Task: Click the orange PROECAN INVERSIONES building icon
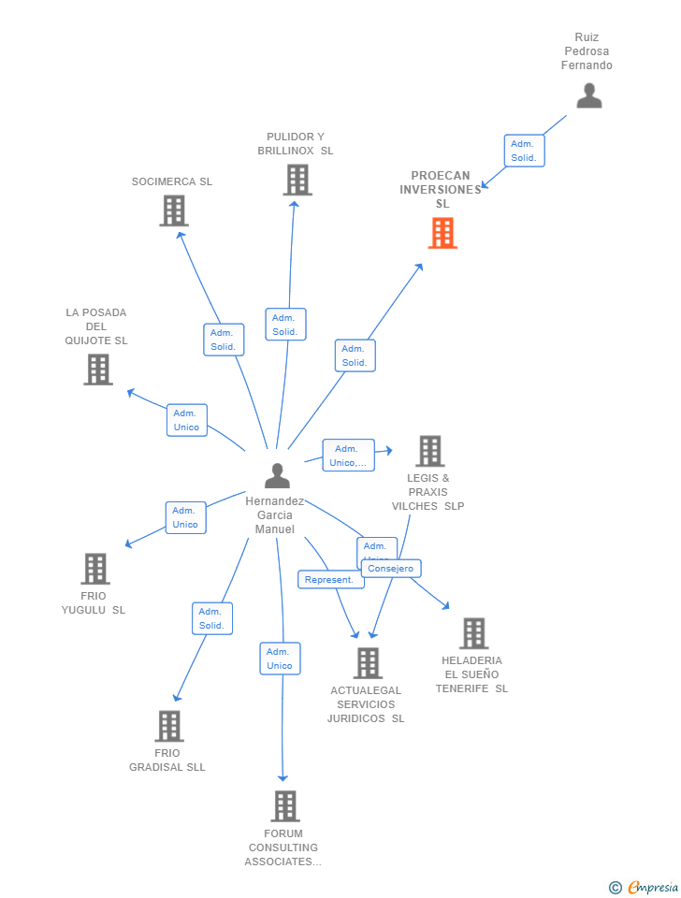442,233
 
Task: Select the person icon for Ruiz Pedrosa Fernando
588,95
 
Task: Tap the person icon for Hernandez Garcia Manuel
277,476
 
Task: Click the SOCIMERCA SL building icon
174,210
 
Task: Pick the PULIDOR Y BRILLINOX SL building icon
297,180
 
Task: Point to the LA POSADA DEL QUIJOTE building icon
98,369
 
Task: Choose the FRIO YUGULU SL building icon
94,569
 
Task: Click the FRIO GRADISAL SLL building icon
168,726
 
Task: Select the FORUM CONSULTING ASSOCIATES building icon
284,805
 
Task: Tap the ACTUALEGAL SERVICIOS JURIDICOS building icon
368,663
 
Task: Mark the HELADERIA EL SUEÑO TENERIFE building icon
474,633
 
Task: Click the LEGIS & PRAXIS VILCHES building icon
429,451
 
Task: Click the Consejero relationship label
391,569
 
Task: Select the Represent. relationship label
330,580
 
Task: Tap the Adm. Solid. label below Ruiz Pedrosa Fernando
524,151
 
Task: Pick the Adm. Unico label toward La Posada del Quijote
186,420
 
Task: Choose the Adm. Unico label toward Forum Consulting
280,659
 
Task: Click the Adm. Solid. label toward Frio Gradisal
212,618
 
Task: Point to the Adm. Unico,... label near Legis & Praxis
348,456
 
